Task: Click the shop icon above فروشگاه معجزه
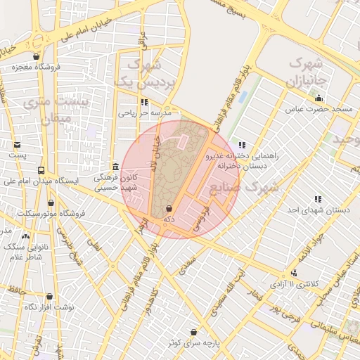(36, 57)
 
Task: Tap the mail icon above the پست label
(15, 144)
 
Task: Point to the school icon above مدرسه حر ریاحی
(144, 102)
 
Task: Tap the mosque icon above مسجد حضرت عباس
(319, 98)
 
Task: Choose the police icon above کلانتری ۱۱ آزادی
(294, 273)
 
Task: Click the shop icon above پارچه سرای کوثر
(193, 332)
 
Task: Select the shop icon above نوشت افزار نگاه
(49, 297)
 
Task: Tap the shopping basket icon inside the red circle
(169, 209)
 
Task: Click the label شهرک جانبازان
(306, 68)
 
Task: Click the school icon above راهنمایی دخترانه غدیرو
(243, 145)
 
